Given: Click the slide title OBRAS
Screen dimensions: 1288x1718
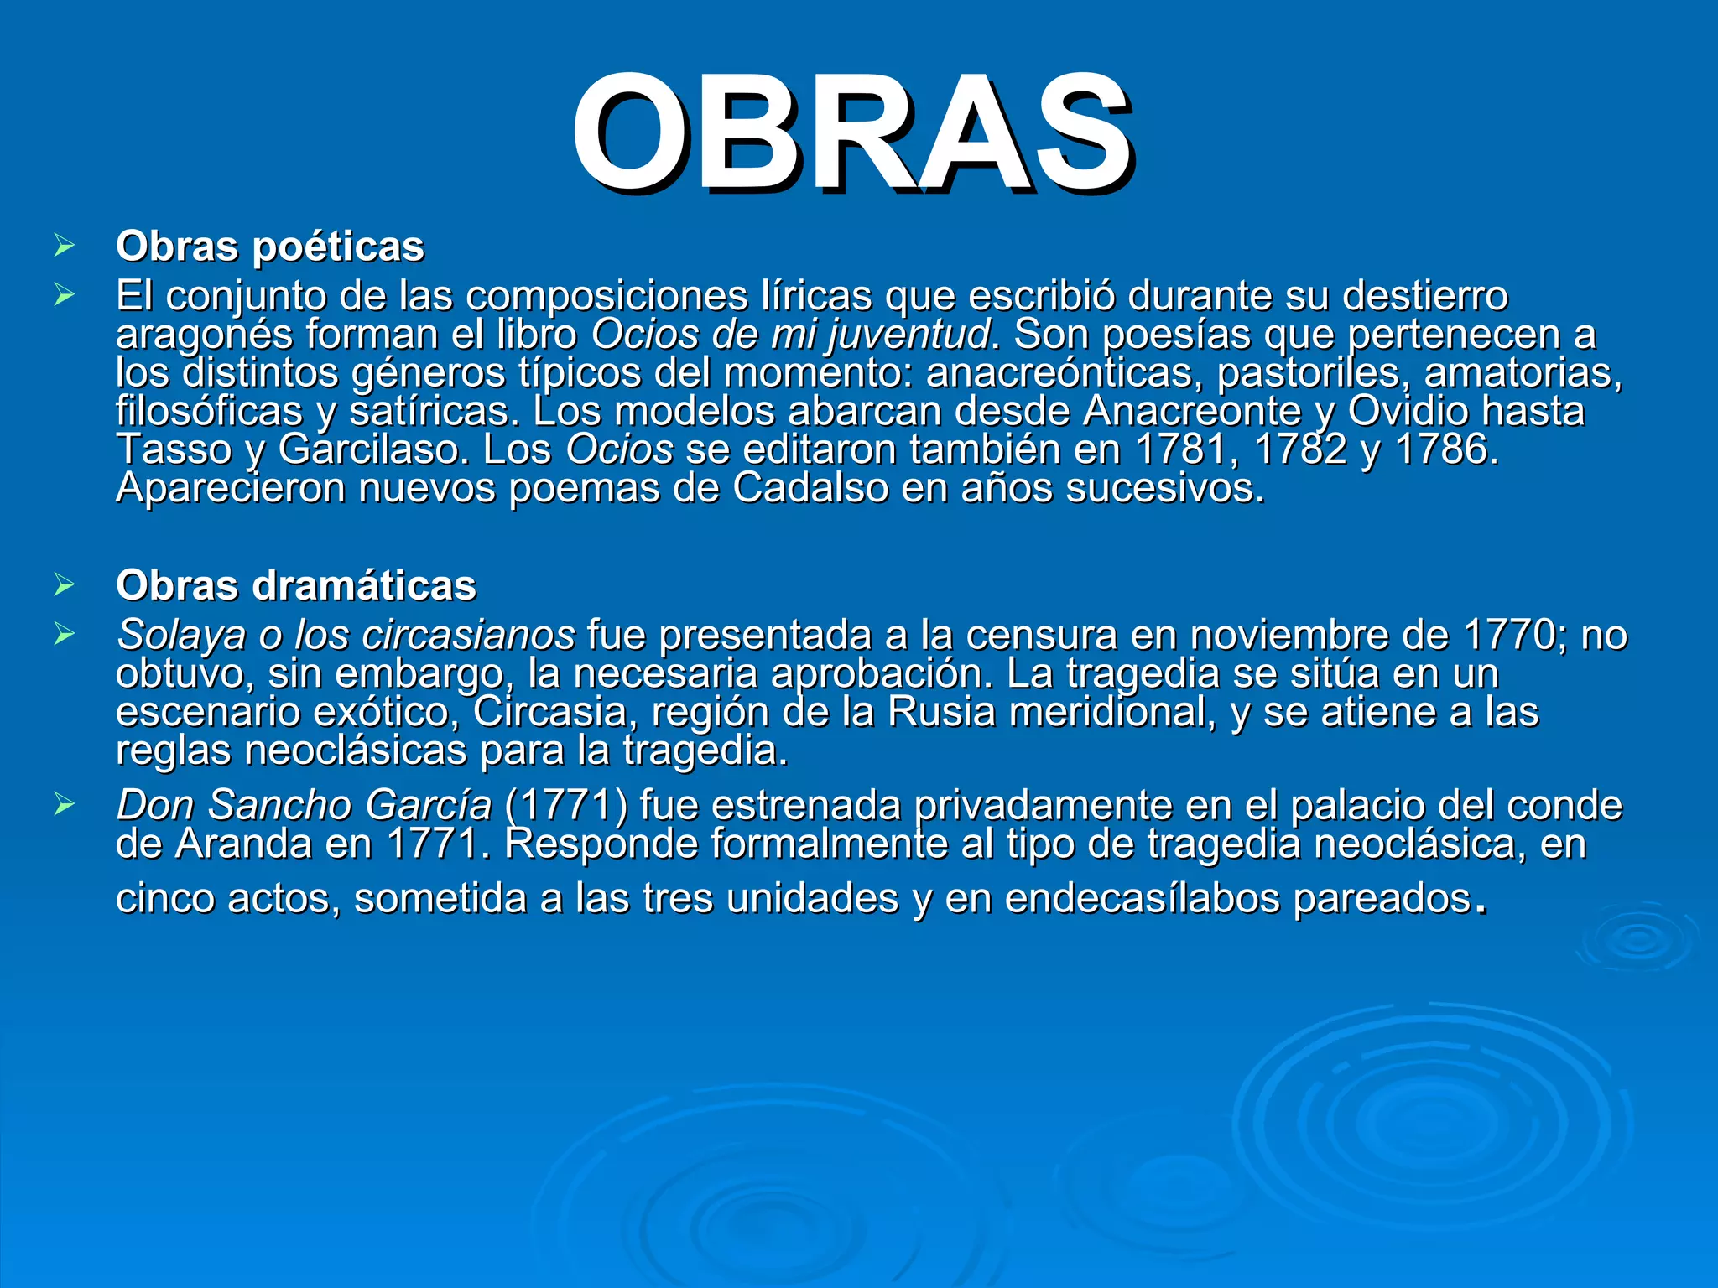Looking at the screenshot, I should point(852,134).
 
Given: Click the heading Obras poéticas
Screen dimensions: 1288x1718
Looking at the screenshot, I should point(270,247).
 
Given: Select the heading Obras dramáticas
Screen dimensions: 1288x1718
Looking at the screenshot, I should point(296,585).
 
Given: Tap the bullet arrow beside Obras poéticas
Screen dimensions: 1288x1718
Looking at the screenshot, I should point(64,246).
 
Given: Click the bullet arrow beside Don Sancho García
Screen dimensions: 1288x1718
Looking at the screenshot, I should point(64,805).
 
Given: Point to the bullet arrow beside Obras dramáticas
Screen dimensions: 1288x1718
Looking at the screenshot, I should point(64,584).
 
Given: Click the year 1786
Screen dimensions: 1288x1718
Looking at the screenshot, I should point(1445,449).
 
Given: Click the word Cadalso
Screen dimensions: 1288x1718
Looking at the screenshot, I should point(810,488).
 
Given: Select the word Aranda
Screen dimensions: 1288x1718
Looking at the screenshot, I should point(243,844).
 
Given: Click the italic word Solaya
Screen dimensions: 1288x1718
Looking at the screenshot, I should point(181,635).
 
